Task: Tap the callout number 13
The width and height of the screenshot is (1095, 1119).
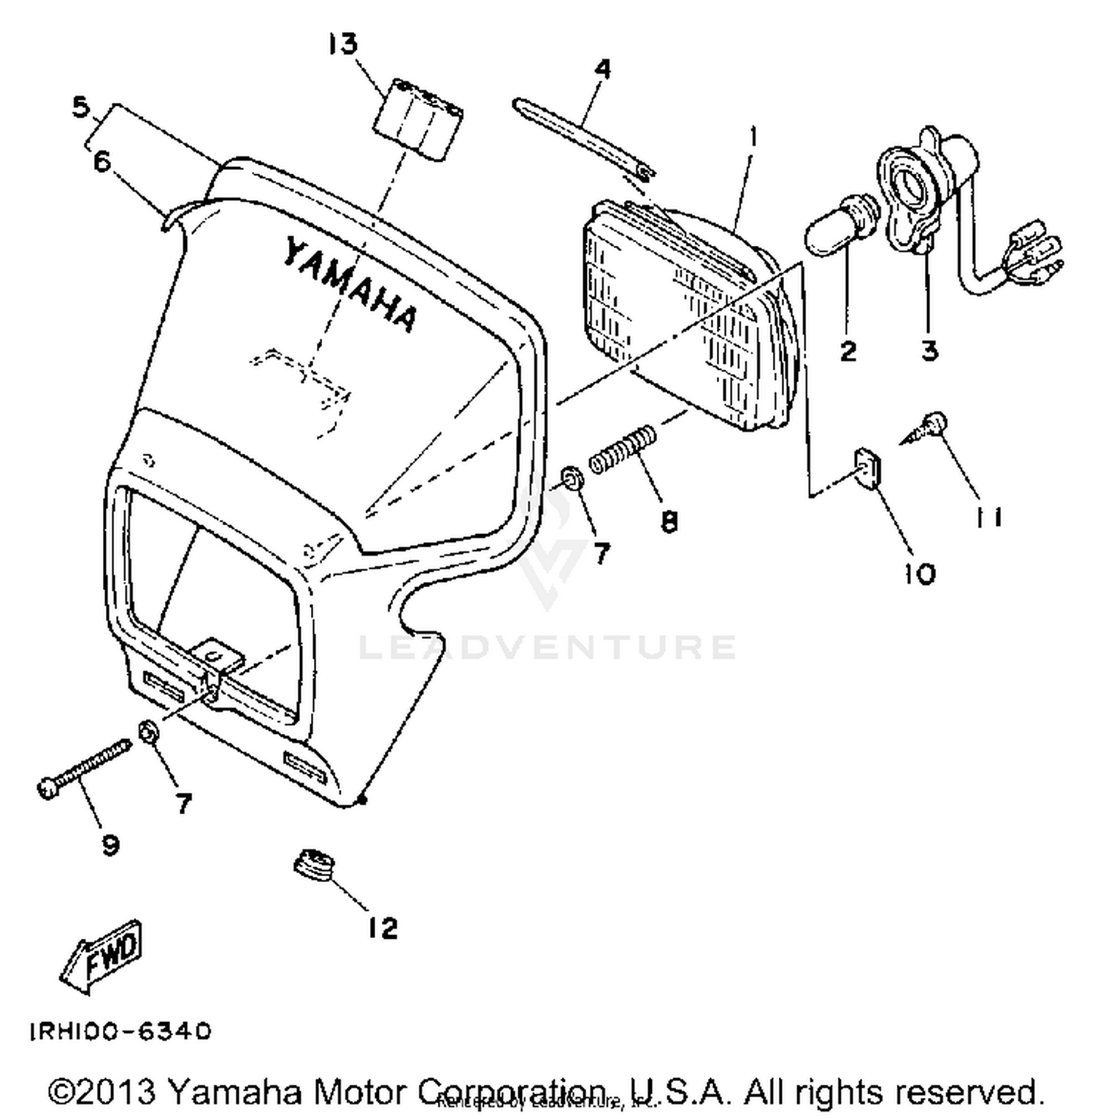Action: pos(342,44)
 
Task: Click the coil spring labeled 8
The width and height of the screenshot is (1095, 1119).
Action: pos(623,451)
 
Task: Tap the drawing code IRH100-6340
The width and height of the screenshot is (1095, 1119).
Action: pos(120,1031)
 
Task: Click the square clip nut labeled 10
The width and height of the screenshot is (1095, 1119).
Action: pos(867,468)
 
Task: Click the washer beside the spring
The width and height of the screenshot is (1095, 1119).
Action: pos(572,479)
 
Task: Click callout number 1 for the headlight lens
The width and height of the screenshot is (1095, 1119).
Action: pos(753,135)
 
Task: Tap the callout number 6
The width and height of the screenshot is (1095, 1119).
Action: pos(101,162)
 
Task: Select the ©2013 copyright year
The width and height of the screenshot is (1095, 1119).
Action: pos(102,1091)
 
